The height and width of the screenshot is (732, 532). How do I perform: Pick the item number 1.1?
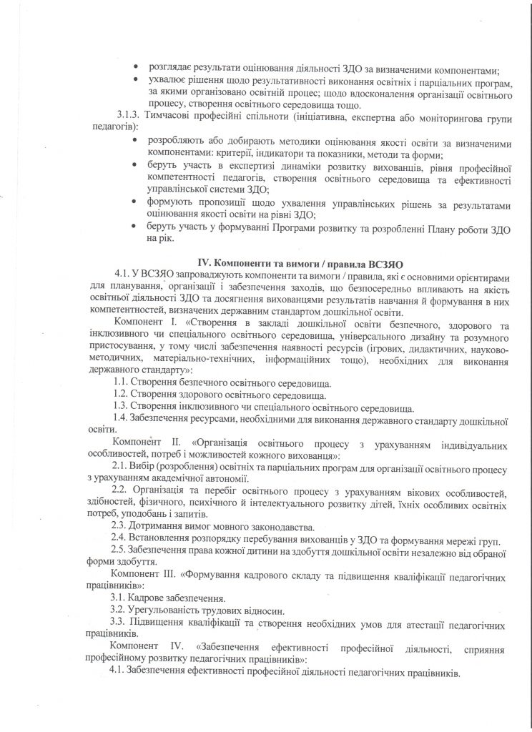tap(120, 382)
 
